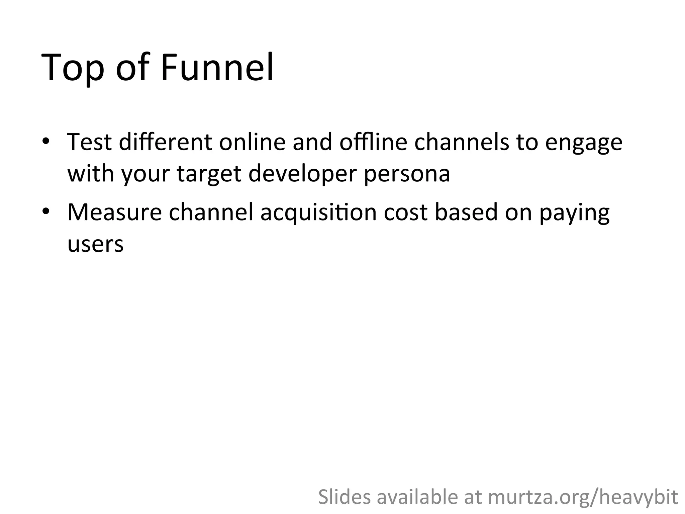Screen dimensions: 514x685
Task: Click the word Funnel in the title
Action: [x=217, y=67]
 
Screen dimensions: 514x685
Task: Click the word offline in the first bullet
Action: [x=373, y=142]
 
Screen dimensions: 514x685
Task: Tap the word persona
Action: [x=407, y=174]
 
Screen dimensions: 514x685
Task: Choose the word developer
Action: [x=303, y=174]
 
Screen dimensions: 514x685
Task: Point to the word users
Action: [x=96, y=244]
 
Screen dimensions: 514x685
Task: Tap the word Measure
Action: [x=115, y=212]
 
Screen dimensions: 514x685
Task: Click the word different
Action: [x=165, y=142]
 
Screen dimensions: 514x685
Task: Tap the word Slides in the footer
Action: [x=344, y=497]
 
